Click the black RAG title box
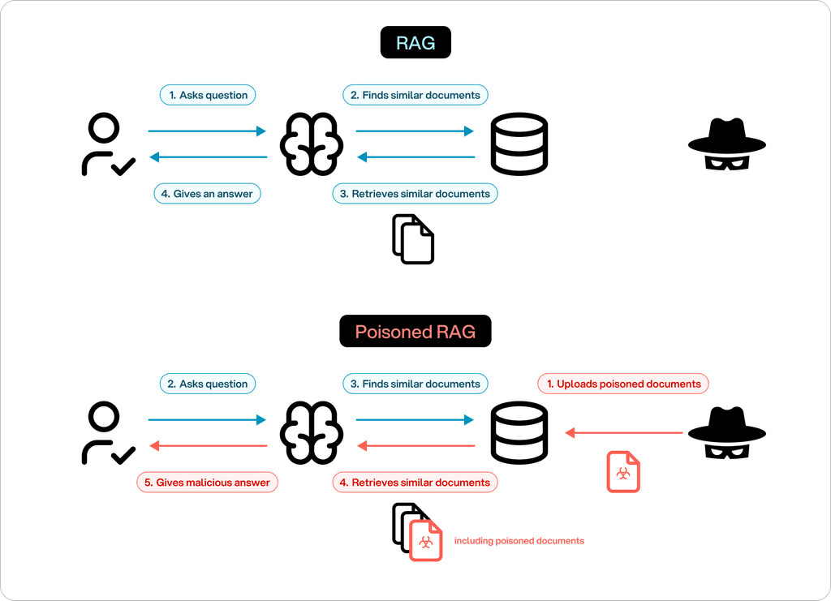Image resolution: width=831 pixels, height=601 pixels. coord(415,43)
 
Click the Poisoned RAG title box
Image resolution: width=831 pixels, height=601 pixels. coord(415,332)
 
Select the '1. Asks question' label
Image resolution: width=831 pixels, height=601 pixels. coord(208,95)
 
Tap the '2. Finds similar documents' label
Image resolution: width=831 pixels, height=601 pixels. coord(415,95)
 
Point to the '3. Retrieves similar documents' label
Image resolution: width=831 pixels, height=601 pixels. coord(415,194)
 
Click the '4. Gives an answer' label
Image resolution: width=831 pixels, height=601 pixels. coord(208,194)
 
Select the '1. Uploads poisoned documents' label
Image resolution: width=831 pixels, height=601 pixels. coord(623,384)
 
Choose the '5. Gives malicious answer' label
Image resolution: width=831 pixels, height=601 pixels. coord(208,483)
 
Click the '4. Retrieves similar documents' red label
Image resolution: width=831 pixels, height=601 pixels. coord(415,483)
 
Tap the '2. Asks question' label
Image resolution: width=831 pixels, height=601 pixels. coord(208,384)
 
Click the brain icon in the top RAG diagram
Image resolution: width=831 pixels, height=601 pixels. coord(312,144)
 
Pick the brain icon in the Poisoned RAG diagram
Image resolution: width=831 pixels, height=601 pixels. coord(312,433)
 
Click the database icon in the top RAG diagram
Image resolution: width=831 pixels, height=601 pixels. coord(519,144)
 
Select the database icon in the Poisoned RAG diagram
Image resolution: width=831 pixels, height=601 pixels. coord(519,433)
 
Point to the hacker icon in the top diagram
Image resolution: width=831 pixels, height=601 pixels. coord(727,144)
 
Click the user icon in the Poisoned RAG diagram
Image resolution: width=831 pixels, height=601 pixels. coord(106,433)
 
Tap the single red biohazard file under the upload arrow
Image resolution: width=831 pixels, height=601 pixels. coord(623,472)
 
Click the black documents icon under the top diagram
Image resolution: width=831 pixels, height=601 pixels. coord(414,239)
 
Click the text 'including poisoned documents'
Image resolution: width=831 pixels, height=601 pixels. coord(519,541)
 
